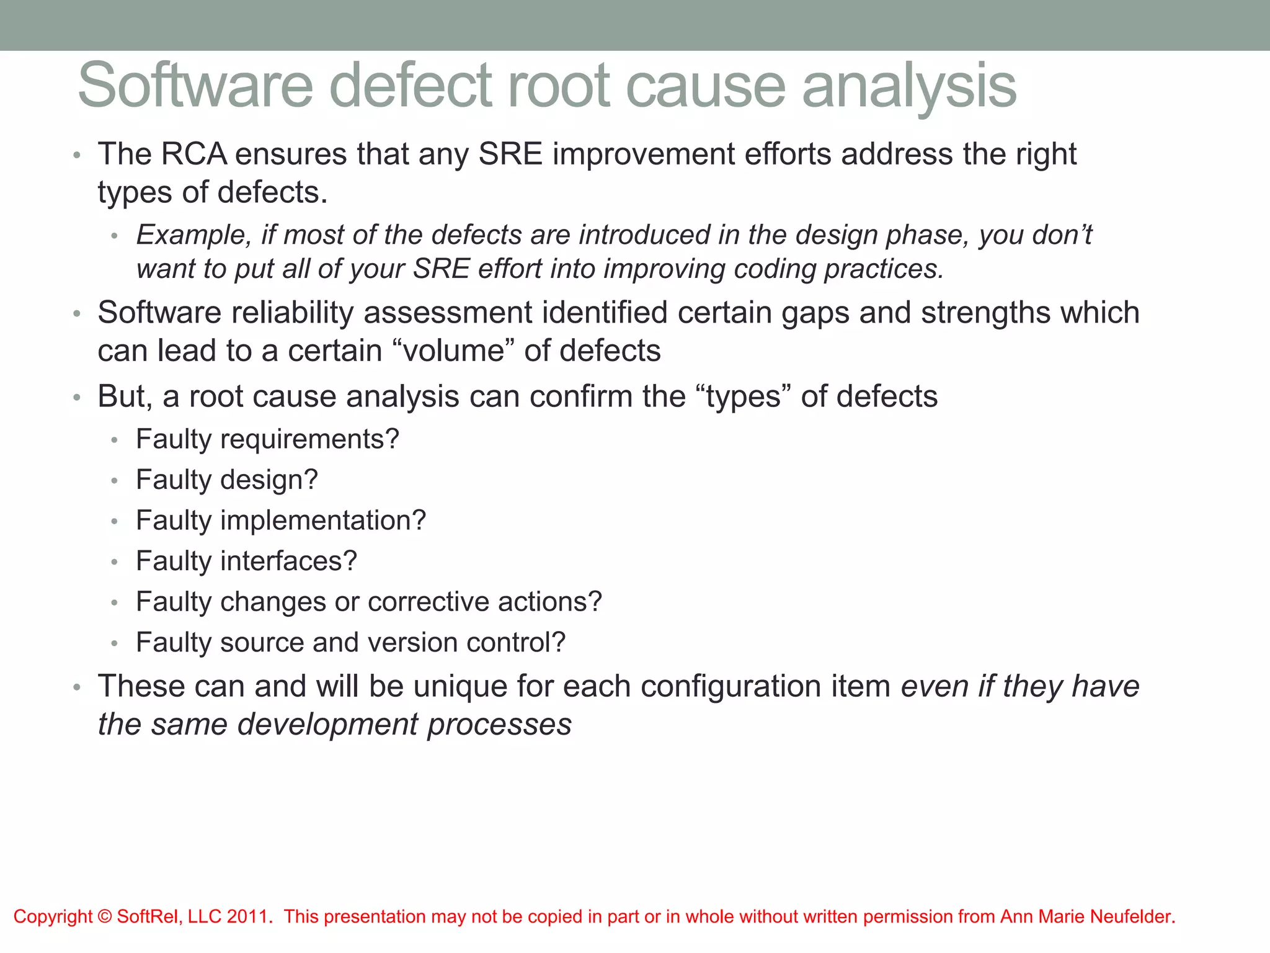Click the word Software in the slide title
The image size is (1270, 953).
[x=195, y=86]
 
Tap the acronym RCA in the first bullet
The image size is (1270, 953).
[x=193, y=154]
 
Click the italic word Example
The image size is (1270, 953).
[x=193, y=236]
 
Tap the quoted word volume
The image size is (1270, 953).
[x=454, y=351]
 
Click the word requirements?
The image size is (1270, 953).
[x=309, y=440]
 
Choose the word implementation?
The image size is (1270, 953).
[x=323, y=521]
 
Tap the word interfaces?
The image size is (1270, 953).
[x=288, y=562]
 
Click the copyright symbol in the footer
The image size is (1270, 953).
[x=104, y=916]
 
